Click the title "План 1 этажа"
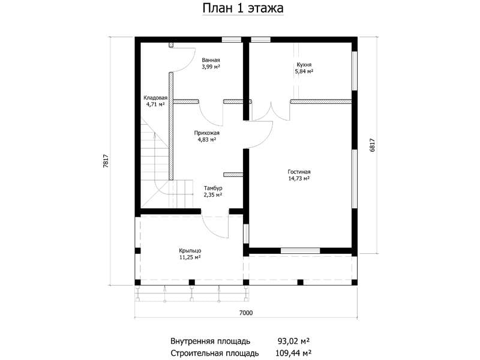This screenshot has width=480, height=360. (243, 8)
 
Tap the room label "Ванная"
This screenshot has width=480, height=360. (211, 60)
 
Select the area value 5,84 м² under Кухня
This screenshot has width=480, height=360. (304, 71)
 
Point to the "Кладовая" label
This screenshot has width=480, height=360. (155, 98)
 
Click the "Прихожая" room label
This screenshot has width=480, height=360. (206, 133)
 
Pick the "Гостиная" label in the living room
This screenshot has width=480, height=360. (299, 172)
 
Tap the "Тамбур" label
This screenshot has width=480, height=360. (213, 188)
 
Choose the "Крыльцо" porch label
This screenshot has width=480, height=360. (190, 251)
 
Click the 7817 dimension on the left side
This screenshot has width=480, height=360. (106, 161)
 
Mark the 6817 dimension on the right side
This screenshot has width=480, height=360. (372, 145)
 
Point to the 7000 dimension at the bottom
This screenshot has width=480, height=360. (246, 313)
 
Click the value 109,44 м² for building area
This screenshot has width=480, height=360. (293, 353)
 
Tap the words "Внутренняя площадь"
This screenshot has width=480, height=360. (211, 341)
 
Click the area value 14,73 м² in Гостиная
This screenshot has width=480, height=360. (299, 178)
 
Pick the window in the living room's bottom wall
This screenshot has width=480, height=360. (301, 251)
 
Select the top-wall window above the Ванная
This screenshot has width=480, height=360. (232, 40)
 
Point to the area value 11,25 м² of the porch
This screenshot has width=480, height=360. (190, 257)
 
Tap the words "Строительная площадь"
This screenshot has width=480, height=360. (215, 353)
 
